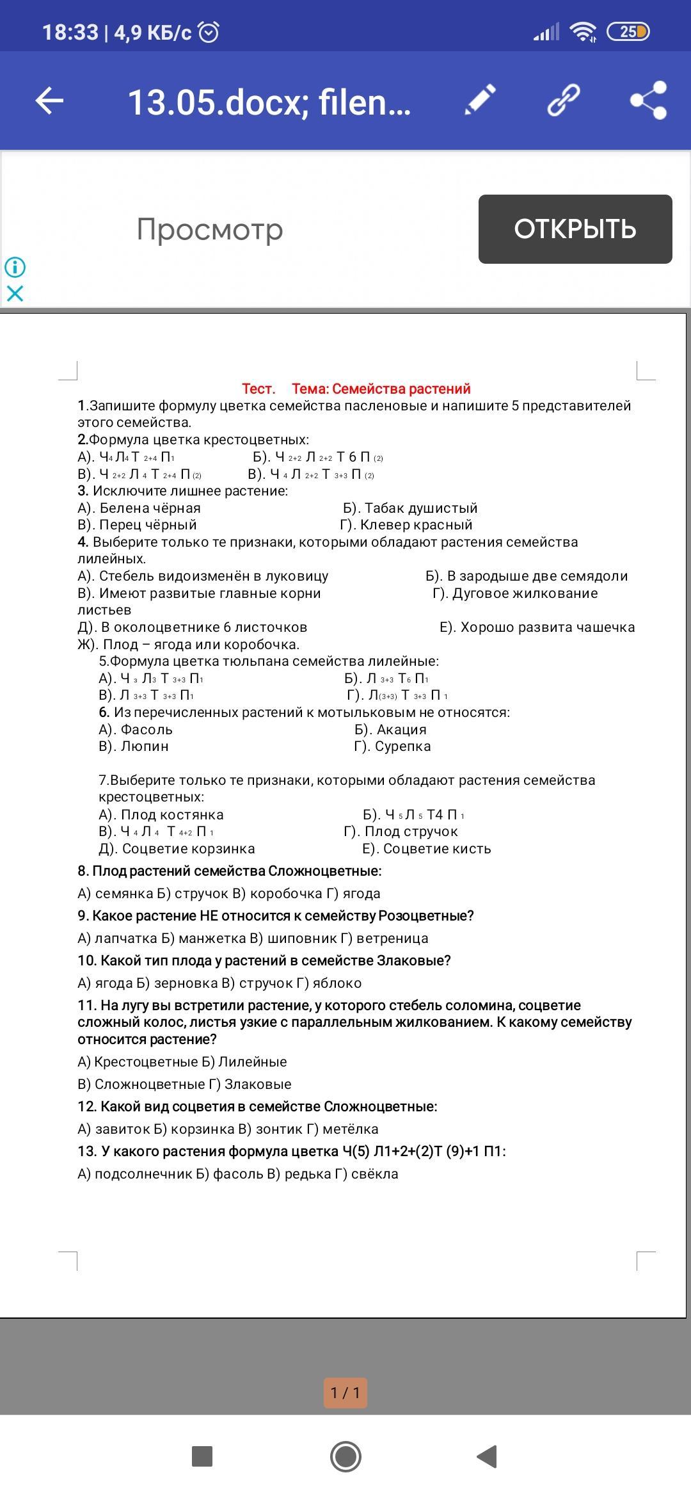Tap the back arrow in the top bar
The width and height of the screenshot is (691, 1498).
coord(49,101)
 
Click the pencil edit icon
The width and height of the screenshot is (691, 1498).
coord(480,100)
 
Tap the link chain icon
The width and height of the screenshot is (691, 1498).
coord(564,100)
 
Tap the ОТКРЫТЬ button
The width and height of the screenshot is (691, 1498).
coord(575,229)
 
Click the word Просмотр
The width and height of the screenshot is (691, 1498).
coord(210,229)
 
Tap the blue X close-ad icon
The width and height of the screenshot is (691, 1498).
coord(15,293)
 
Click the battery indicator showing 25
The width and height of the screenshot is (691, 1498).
coord(628,31)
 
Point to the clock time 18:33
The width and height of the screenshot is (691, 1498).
coord(70,32)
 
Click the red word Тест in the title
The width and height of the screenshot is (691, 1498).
coord(258,389)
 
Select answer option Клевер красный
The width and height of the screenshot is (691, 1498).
coord(416,525)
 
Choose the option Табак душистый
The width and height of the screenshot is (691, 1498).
coord(420,508)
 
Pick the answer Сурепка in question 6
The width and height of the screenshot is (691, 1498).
coord(402,746)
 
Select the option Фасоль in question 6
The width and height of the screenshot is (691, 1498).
coord(147,729)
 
